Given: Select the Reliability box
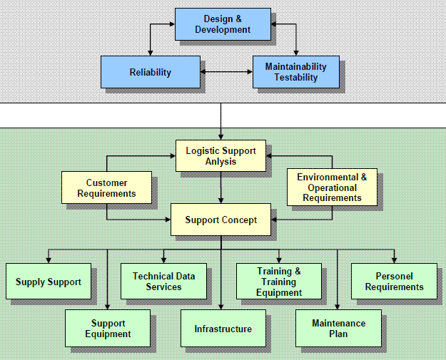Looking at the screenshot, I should (x=150, y=72).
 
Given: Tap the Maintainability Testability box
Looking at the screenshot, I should (x=295, y=72).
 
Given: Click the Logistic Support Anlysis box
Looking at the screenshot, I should (x=221, y=156).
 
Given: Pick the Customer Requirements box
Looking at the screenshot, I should (x=106, y=188).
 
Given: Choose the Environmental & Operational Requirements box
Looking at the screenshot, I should (x=332, y=187).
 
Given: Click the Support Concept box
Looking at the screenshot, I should (x=221, y=220).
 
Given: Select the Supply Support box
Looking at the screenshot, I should (x=48, y=282).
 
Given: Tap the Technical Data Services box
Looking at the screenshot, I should (x=163, y=281).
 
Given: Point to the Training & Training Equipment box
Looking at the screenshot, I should (x=279, y=281).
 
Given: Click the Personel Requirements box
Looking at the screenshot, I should (x=394, y=281).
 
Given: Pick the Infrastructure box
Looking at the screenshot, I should (x=223, y=329).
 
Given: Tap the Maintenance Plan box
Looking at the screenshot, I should (x=338, y=328).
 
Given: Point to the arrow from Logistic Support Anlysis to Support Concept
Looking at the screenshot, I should (x=221, y=187).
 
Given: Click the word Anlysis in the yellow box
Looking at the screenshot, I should (x=221, y=161).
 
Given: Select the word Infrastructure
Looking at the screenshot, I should (x=223, y=329).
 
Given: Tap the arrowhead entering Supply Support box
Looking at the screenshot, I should (x=49, y=259).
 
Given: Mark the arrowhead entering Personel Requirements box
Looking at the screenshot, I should (x=394, y=259).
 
